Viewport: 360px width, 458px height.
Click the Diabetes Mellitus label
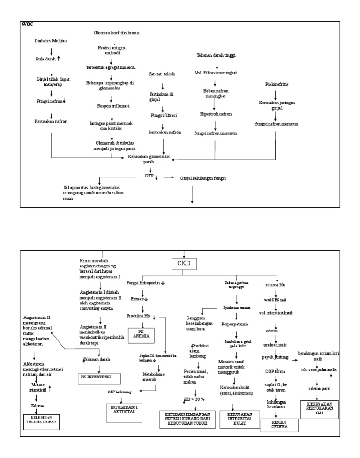point(51,41)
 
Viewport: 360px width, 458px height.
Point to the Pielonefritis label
point(277,84)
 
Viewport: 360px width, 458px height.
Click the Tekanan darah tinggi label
point(216,55)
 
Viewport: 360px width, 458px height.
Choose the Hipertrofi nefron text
point(216,113)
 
